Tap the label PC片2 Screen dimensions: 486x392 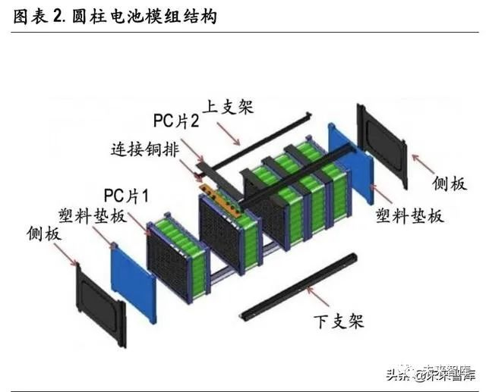[x=176, y=121]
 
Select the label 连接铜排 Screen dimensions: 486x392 [x=144, y=149]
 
